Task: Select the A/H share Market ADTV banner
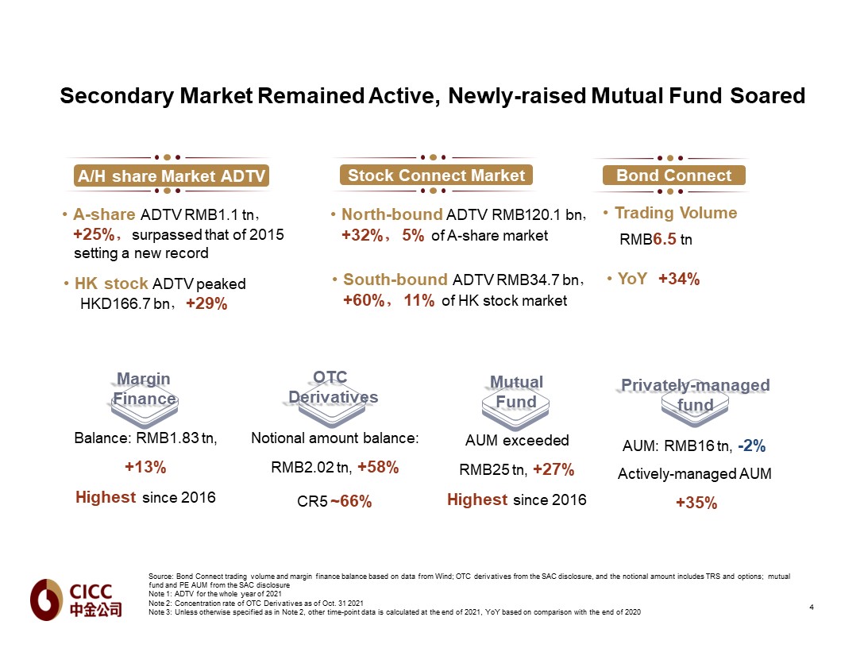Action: pos(171,175)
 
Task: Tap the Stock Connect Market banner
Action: pos(436,175)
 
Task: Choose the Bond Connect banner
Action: pos(673,175)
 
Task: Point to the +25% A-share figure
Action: pos(94,235)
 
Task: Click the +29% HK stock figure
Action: pos(206,304)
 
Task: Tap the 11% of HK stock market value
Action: pos(418,301)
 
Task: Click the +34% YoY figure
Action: pos(678,279)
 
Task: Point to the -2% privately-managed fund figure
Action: pos(751,446)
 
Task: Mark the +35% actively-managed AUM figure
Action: pos(696,503)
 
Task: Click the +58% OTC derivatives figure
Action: pos(378,468)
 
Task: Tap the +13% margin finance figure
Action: pos(145,468)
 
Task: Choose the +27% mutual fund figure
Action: pos(553,469)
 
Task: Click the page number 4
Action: pos(811,607)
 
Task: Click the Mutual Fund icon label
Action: pos(516,392)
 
